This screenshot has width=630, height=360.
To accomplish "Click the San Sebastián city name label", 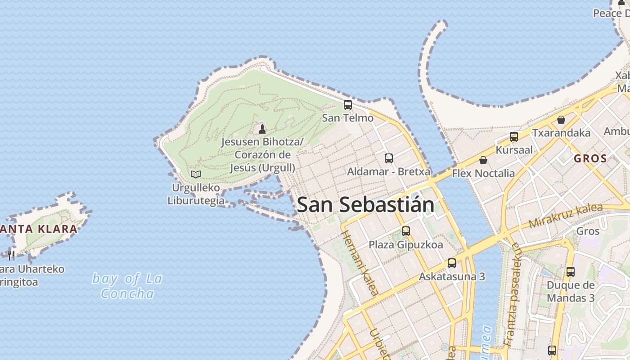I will (365, 205).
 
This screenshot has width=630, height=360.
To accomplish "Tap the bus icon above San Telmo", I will (348, 105).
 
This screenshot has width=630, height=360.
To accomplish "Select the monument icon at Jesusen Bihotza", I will (262, 129).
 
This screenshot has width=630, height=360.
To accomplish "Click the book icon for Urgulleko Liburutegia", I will (196, 174).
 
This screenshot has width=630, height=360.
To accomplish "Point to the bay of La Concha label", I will (127, 286).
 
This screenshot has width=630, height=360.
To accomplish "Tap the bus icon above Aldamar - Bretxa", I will (389, 158).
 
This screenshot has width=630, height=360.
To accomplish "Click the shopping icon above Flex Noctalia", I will (483, 160).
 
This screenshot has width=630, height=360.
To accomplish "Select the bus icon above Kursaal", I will (514, 137).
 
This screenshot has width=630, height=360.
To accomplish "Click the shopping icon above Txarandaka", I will (561, 120).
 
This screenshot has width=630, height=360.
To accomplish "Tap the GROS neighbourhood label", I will (590, 158).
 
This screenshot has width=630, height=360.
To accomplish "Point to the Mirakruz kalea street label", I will (565, 216).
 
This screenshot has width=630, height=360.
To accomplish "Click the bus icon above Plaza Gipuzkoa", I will (406, 231).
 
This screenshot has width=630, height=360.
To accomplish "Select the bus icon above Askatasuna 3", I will (452, 263).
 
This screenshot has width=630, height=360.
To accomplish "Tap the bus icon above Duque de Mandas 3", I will (571, 272).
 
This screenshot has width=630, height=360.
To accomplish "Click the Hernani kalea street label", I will (360, 263).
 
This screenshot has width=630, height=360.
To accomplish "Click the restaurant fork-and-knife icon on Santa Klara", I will (12, 256).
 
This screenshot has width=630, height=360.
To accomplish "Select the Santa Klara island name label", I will (38, 229).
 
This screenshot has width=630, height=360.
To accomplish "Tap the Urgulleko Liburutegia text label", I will (196, 194).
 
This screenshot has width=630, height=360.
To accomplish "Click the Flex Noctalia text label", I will (483, 173).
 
